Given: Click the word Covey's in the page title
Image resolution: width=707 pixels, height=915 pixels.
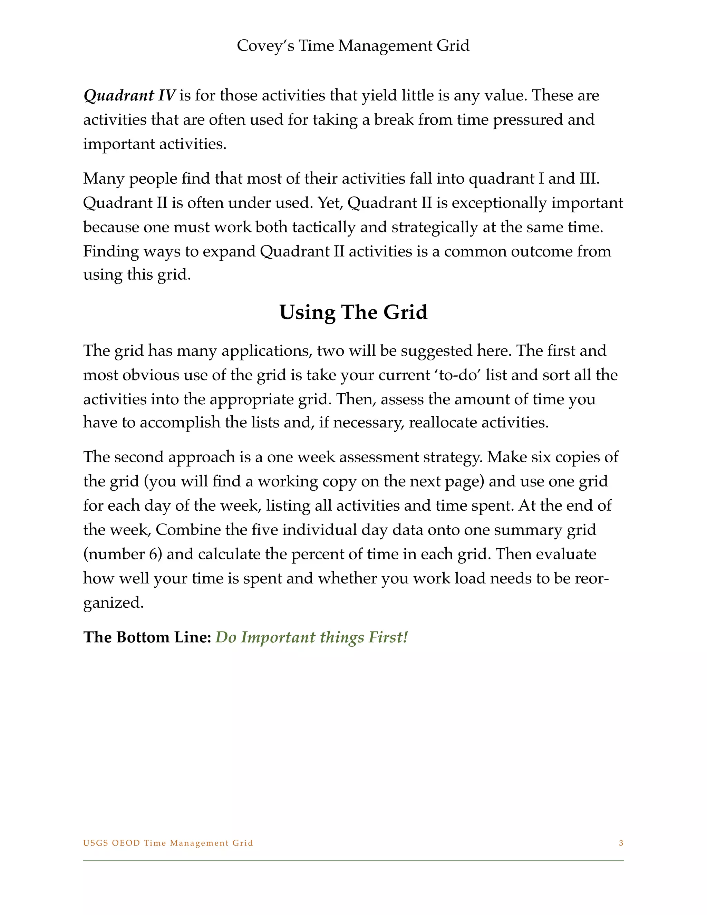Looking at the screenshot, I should [265, 46].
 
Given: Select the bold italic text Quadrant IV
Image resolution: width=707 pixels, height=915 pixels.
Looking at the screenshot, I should [129, 96].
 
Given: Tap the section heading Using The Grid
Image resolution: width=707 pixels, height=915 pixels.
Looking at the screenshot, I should [353, 312].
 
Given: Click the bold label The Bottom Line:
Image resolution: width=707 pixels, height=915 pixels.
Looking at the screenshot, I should [147, 637].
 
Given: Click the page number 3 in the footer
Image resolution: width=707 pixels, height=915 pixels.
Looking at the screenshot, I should [621, 843].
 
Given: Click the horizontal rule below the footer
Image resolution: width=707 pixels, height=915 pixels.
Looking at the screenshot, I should [353, 860].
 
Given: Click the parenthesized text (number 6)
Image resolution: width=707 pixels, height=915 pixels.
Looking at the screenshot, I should [123, 554].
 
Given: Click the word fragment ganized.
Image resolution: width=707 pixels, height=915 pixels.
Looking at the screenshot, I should [113, 603].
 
